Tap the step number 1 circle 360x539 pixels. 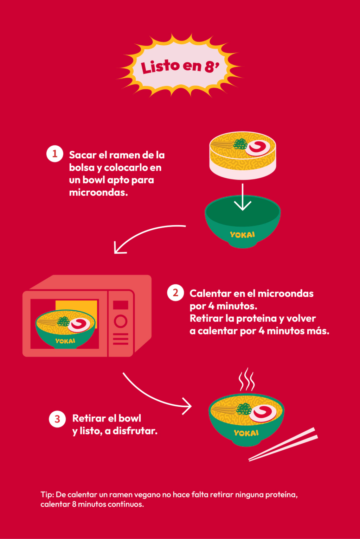(54, 154)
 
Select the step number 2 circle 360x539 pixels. (175, 293)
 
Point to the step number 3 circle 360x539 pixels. (57, 419)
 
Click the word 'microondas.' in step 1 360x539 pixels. (98, 192)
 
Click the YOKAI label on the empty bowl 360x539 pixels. (242, 235)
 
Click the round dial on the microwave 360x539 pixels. (121, 321)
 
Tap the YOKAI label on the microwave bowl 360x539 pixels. (65, 341)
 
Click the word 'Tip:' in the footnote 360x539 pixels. (47, 495)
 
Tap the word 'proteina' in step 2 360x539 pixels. (256, 318)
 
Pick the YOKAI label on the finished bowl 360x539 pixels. (246, 433)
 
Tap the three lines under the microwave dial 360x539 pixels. (121, 339)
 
